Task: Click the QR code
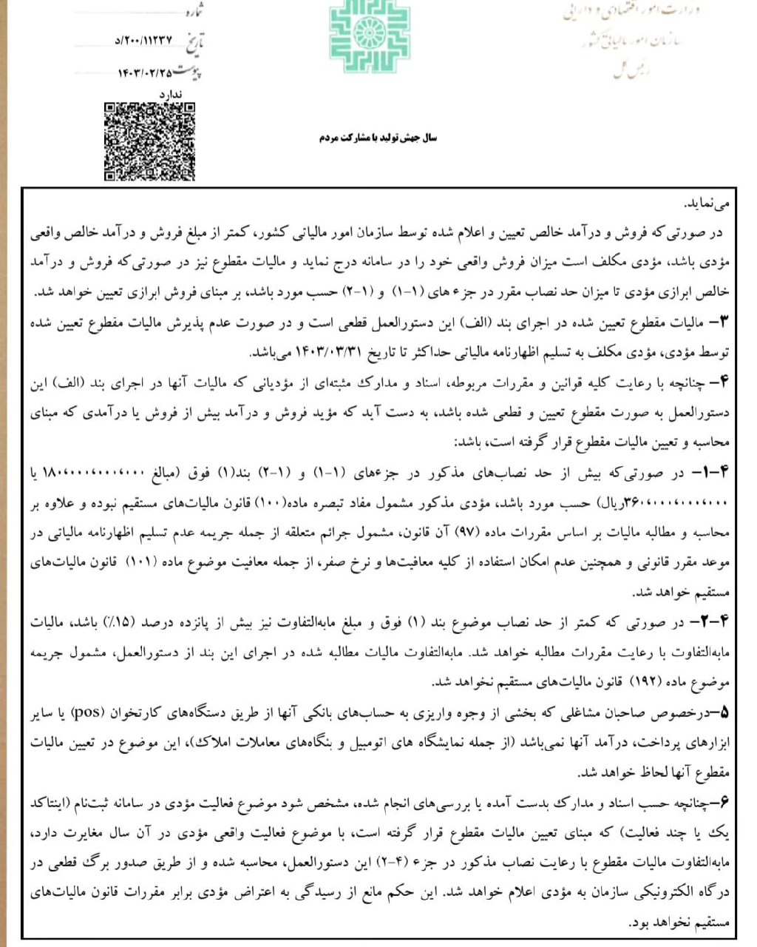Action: click(x=150, y=141)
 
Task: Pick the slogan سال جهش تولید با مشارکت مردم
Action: click(x=378, y=138)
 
